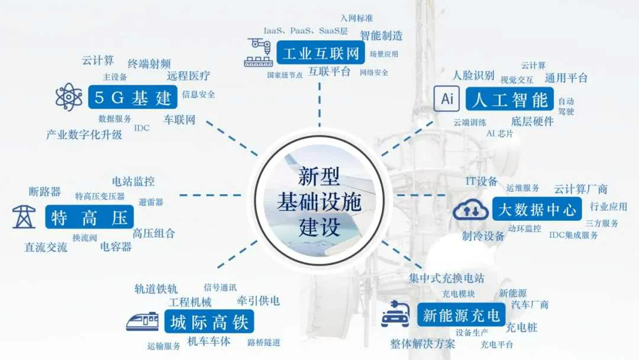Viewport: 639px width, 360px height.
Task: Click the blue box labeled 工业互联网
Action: point(321,53)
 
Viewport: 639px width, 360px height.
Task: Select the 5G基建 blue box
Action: point(133,97)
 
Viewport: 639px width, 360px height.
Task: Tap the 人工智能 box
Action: point(509,99)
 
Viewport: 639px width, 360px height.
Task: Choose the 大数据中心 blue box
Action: point(537,209)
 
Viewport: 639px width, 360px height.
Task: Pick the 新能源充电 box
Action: point(461,315)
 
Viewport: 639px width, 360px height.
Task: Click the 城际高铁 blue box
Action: point(209,322)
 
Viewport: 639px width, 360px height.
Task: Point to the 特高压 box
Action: point(89,217)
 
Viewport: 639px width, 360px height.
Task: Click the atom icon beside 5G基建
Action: point(69,97)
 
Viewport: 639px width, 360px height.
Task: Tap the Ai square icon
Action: point(447,99)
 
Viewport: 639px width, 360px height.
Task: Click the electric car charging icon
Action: point(395,314)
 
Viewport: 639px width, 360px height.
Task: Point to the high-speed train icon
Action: point(142,322)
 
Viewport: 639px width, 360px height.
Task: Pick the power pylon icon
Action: point(24,217)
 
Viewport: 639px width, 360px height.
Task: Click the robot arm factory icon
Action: point(259,52)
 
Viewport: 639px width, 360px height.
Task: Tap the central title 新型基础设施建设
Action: point(319,202)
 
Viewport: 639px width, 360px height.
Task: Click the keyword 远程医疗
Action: point(188,76)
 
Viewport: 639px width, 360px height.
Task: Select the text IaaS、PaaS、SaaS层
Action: point(306,31)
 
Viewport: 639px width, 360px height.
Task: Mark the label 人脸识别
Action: point(473,75)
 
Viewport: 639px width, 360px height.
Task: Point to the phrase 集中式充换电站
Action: point(447,278)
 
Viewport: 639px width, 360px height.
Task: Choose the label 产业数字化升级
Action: point(84,134)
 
